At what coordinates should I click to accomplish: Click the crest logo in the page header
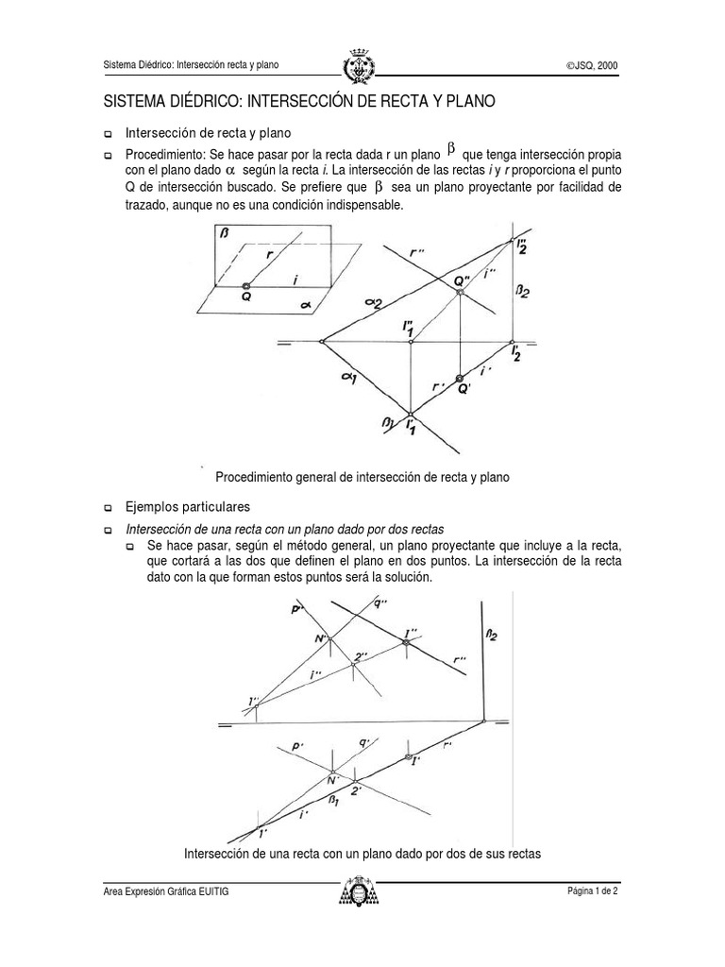point(362,64)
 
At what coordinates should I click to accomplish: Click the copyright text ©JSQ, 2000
point(592,65)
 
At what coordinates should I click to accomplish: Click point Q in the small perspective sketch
point(245,285)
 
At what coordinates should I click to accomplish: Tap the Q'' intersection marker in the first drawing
point(461,293)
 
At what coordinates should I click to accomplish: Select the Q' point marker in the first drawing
point(461,378)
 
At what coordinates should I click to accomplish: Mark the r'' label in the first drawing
point(417,253)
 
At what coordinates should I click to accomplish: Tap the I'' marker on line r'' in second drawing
point(406,642)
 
